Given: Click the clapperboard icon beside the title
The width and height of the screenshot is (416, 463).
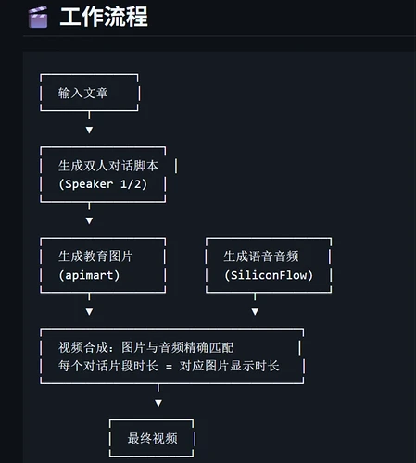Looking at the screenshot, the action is [x=38, y=18].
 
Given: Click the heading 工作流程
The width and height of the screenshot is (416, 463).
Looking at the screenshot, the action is [x=104, y=17].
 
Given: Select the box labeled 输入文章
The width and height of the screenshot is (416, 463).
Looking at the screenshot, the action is [x=90, y=93].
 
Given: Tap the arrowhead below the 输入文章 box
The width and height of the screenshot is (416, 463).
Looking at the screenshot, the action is [x=89, y=130].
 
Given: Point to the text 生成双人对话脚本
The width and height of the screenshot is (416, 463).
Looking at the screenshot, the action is [x=108, y=166].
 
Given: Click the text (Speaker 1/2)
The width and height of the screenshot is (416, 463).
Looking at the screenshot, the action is [x=103, y=184].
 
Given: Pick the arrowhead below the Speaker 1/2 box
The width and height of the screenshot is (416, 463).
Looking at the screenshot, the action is [x=89, y=220].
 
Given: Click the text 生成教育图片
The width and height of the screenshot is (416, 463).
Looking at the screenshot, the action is [x=95, y=257].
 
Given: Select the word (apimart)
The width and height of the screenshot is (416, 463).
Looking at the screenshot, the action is [x=89, y=275].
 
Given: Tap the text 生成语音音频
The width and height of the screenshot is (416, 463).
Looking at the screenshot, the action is [x=261, y=257].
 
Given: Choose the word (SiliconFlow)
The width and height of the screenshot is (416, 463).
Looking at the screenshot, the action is [x=269, y=275].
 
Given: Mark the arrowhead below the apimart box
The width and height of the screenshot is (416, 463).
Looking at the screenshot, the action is [x=89, y=312].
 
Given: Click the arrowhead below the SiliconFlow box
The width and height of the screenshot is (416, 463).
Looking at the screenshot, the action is [x=255, y=312].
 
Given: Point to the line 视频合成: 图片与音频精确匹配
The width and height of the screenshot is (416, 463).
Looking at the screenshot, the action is [x=146, y=347].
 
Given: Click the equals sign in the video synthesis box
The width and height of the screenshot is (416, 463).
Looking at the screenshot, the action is [x=169, y=367].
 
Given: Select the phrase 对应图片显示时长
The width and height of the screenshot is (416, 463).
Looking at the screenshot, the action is [x=230, y=366].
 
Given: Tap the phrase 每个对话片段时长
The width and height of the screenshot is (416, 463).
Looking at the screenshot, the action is [x=108, y=366].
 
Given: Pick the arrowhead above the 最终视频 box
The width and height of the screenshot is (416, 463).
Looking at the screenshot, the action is [x=158, y=403].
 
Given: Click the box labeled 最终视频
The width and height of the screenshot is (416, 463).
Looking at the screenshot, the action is [x=152, y=438].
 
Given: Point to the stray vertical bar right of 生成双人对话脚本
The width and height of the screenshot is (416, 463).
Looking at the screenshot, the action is [x=176, y=167].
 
